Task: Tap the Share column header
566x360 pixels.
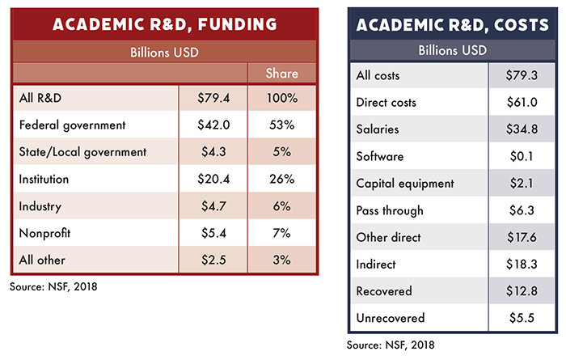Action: (x=283, y=74)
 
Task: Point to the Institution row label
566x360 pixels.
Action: (x=45, y=178)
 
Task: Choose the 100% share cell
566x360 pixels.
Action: (x=283, y=99)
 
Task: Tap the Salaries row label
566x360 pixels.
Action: (x=378, y=129)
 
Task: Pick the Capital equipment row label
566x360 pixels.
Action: (x=406, y=183)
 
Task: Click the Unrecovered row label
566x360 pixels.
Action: (x=390, y=319)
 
